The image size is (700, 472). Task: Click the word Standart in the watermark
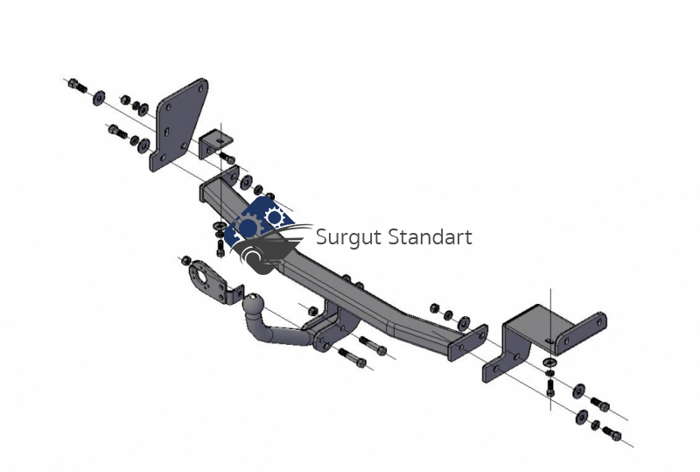pyautogui.click(x=430, y=236)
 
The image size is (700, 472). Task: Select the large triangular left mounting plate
pyautogui.click(x=178, y=125)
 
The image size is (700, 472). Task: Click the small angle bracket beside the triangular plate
pyautogui.click(x=214, y=144)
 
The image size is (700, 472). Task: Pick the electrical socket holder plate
pyautogui.click(x=214, y=284)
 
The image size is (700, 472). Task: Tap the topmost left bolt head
pyautogui.click(x=77, y=85)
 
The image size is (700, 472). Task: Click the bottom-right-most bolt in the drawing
pyautogui.click(x=612, y=433)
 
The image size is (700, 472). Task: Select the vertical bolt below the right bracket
pyautogui.click(x=550, y=388)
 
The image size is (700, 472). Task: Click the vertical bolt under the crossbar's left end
pyautogui.click(x=220, y=249)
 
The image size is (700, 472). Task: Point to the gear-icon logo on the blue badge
pyautogui.click(x=259, y=223)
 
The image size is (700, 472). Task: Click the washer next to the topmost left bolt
pyautogui.click(x=99, y=98)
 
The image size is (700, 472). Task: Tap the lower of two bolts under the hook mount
pyautogui.click(x=353, y=357)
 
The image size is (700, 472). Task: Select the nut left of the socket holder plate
pyautogui.click(x=185, y=260)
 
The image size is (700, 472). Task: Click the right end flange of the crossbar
pyautogui.click(x=467, y=342)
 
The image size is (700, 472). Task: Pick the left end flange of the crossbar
pyautogui.click(x=221, y=182)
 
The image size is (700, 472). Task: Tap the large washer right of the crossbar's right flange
pyautogui.click(x=464, y=323)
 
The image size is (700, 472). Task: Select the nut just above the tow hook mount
pyautogui.click(x=313, y=310)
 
